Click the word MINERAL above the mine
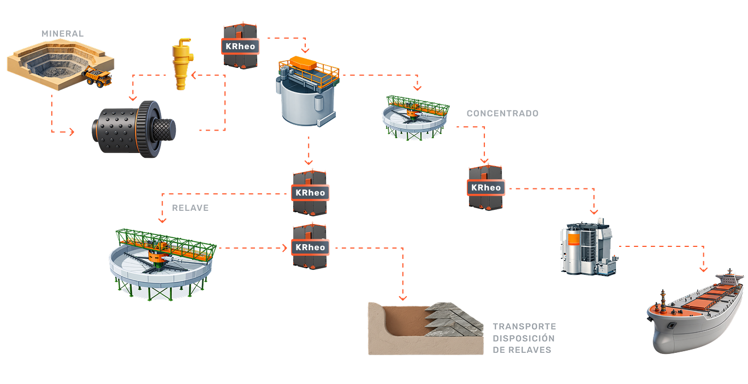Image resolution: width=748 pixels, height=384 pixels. point(63,34)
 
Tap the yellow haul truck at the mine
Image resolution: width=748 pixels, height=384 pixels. point(98,77)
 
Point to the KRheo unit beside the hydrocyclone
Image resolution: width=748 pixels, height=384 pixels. point(240,46)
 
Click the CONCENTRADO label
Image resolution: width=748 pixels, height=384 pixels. point(502,114)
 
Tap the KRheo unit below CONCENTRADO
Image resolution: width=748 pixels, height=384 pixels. point(485,187)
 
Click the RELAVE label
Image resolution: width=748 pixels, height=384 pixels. point(190,208)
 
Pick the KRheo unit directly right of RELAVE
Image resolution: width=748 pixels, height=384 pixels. point(310,192)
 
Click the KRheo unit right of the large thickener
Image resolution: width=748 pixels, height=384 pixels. point(310,247)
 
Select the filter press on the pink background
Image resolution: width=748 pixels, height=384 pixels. point(589,247)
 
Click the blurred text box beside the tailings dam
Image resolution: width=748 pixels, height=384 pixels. point(524,338)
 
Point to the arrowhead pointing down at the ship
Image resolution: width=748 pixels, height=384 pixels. point(704,269)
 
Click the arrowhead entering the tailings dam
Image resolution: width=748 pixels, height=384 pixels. point(403,298)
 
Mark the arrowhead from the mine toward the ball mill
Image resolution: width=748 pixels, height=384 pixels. point(71,132)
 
